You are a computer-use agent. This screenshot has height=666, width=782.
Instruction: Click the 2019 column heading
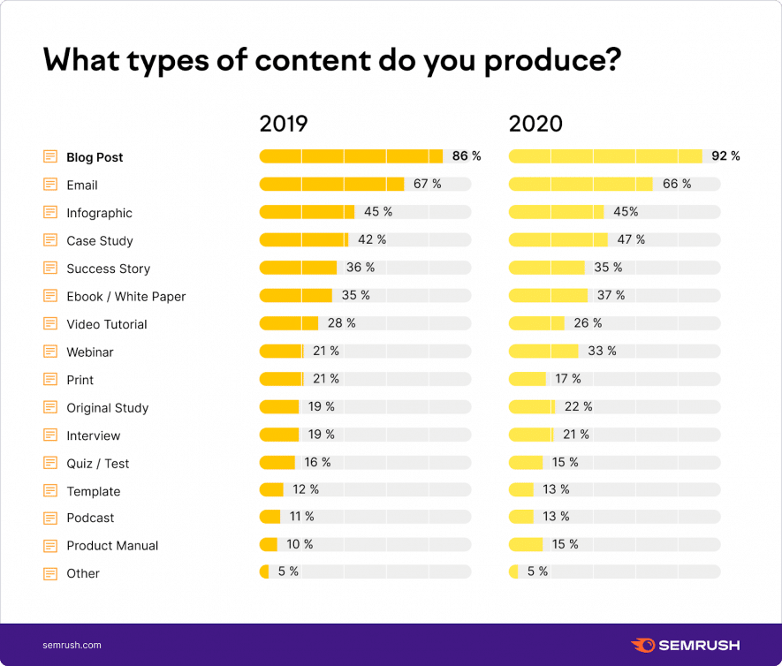pos(283,124)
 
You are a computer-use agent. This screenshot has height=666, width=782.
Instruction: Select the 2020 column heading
pos(535,124)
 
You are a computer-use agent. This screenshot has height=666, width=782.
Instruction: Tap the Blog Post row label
pos(95,157)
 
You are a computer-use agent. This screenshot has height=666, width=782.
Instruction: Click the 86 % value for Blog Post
pos(467,156)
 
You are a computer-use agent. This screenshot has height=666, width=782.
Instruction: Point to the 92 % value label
pos(725,156)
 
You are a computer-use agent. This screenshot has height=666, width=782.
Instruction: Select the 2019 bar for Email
pos(331,184)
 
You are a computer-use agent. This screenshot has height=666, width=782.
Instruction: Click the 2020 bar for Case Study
pos(558,239)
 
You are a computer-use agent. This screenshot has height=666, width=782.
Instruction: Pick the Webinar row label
pos(90,352)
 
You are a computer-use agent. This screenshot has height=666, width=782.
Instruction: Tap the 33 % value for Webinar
pos(602,351)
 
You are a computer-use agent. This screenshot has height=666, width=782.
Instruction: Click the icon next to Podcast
pos(50,518)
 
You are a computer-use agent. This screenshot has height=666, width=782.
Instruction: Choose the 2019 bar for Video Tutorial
pos(288,323)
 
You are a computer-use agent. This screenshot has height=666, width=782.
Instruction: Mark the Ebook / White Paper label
pos(125,296)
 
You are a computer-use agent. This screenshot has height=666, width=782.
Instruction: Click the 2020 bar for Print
pos(528,379)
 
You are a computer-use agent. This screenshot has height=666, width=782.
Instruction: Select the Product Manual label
pos(112,546)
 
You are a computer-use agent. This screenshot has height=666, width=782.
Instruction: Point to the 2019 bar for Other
pos(264,571)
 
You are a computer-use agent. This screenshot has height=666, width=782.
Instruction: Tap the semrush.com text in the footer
pos(72,645)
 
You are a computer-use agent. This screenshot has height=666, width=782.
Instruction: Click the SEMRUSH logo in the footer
pos(685,645)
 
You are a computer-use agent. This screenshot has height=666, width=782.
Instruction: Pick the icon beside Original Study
pos(50,407)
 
